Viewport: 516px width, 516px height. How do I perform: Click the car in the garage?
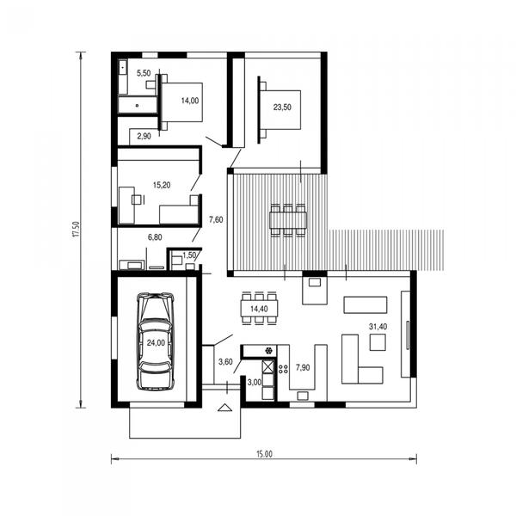point(156,341)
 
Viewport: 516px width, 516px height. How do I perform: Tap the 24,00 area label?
point(156,343)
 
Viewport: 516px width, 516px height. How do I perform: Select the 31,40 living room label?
point(378,327)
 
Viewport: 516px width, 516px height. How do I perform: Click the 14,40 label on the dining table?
point(260,309)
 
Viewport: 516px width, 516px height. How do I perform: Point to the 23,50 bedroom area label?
point(282,107)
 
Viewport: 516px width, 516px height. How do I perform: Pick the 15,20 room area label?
point(162,185)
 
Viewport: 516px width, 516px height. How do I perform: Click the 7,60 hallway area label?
point(216,219)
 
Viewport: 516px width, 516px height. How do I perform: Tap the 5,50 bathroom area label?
point(144,73)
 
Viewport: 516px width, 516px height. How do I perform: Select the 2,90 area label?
point(144,136)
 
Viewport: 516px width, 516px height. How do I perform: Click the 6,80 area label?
point(155,237)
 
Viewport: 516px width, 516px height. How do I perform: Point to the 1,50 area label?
point(189,255)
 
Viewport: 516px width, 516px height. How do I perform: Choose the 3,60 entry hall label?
point(225,362)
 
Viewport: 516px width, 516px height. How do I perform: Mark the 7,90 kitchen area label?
point(303,367)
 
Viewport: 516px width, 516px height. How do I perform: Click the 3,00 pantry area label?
point(255,383)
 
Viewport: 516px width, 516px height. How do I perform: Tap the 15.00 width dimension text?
point(265,454)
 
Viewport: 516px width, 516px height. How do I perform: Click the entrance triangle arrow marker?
point(225,408)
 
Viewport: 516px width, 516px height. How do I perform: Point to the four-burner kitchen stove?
point(283,369)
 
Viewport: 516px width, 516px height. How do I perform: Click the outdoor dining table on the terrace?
point(288,220)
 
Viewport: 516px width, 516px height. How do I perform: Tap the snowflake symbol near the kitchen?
point(269,351)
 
